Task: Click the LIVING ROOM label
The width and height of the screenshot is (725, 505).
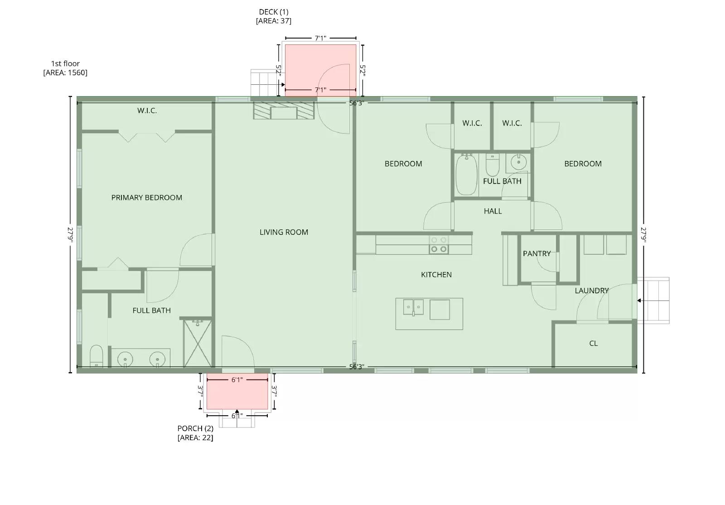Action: click(284, 232)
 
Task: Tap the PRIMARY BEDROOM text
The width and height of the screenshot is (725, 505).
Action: click(146, 198)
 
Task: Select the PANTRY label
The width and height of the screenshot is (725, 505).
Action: click(536, 253)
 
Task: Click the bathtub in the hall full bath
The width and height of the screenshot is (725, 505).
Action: click(466, 175)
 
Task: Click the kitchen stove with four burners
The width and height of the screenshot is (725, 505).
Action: click(439, 245)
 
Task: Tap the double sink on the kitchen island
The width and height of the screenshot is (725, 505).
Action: click(413, 307)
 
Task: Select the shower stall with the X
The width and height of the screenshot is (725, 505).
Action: click(197, 343)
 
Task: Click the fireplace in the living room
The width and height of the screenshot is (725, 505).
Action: click(284, 111)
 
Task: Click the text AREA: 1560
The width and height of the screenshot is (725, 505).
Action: click(65, 73)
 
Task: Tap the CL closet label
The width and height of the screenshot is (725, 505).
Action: click(593, 344)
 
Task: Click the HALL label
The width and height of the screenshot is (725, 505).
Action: click(493, 211)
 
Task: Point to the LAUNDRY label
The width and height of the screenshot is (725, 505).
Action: click(591, 291)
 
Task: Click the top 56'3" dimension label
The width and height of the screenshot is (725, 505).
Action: click(357, 103)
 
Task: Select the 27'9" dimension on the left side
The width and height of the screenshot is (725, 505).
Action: click(70, 235)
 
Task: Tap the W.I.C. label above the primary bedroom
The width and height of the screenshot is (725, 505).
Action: click(147, 111)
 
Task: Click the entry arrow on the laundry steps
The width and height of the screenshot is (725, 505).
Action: click(639, 301)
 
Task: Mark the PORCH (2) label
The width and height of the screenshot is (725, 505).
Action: click(195, 428)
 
